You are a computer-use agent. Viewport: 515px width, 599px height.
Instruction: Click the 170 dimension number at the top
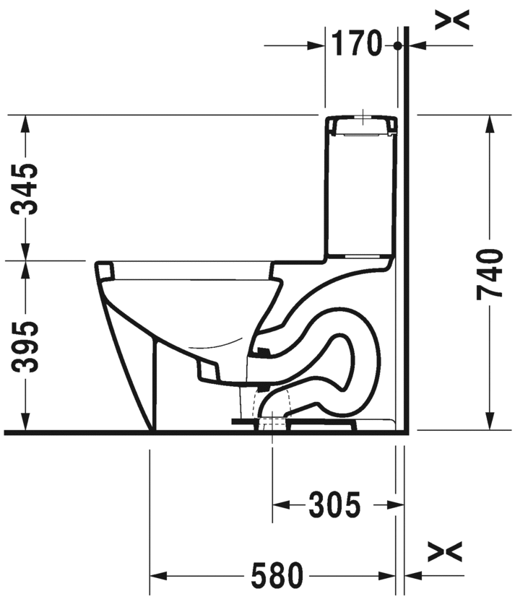pyautogui.click(x=355, y=45)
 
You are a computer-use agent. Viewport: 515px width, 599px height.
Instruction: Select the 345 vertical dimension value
pyautogui.click(x=26, y=188)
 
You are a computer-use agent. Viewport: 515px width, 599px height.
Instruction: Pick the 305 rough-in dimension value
pyautogui.click(x=334, y=505)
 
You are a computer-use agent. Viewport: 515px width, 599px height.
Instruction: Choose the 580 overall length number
pyautogui.click(x=277, y=576)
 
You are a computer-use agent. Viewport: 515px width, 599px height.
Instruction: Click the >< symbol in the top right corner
pyautogui.click(x=452, y=20)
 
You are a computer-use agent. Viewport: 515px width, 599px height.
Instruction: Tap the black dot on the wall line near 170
pyautogui.click(x=397, y=45)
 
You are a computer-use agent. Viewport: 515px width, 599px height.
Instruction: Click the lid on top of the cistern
pyautogui.click(x=361, y=126)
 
